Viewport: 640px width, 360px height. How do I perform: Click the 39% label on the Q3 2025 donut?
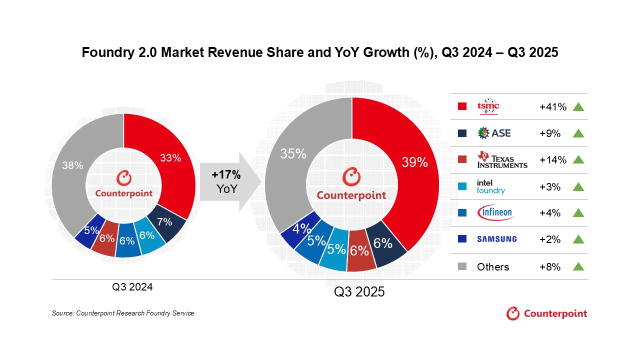[x=415, y=162]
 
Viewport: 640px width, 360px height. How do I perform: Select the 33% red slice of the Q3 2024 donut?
[x=170, y=158]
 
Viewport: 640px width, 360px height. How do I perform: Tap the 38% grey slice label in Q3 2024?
[x=72, y=165]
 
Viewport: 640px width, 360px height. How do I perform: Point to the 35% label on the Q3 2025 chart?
[x=293, y=153]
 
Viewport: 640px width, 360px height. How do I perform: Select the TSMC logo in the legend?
[x=488, y=106]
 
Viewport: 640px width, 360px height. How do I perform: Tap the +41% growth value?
[x=552, y=106]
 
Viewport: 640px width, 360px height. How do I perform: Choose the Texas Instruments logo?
[x=502, y=160]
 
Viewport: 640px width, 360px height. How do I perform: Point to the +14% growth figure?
[x=552, y=160]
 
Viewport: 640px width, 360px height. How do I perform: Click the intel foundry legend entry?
[x=490, y=186]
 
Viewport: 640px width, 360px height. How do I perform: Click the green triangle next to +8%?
[x=578, y=266]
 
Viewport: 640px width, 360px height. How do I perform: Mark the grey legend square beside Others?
[x=462, y=266]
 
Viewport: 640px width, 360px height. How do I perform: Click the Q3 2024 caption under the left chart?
[x=132, y=287]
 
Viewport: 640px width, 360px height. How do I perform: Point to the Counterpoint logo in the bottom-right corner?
[x=546, y=313]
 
